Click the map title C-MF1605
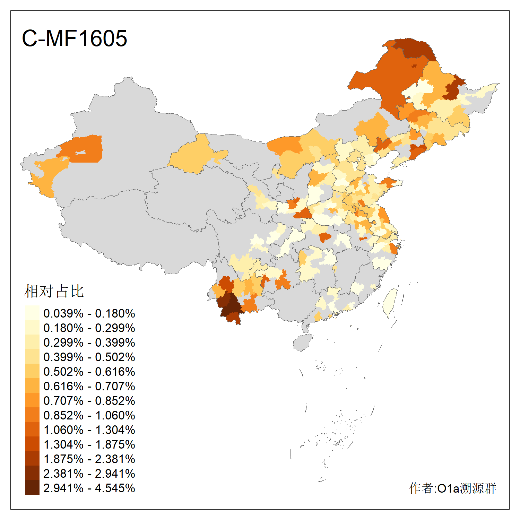[x=74, y=38]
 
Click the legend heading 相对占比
[x=54, y=291]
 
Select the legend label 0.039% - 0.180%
[x=89, y=313]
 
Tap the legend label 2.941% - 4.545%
[x=89, y=488]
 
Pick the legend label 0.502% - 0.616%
[x=89, y=372]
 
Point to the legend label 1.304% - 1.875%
[x=89, y=444]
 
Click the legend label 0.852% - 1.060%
[x=89, y=415]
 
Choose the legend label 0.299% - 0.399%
[x=89, y=343]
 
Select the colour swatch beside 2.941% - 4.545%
[x=32, y=488]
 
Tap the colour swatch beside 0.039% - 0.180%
[x=32, y=313]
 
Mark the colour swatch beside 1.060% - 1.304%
[x=32, y=430]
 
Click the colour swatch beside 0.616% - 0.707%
[x=32, y=386]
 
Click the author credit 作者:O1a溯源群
[x=453, y=488]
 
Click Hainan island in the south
[x=303, y=343]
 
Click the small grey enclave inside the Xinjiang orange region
[x=80, y=153]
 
